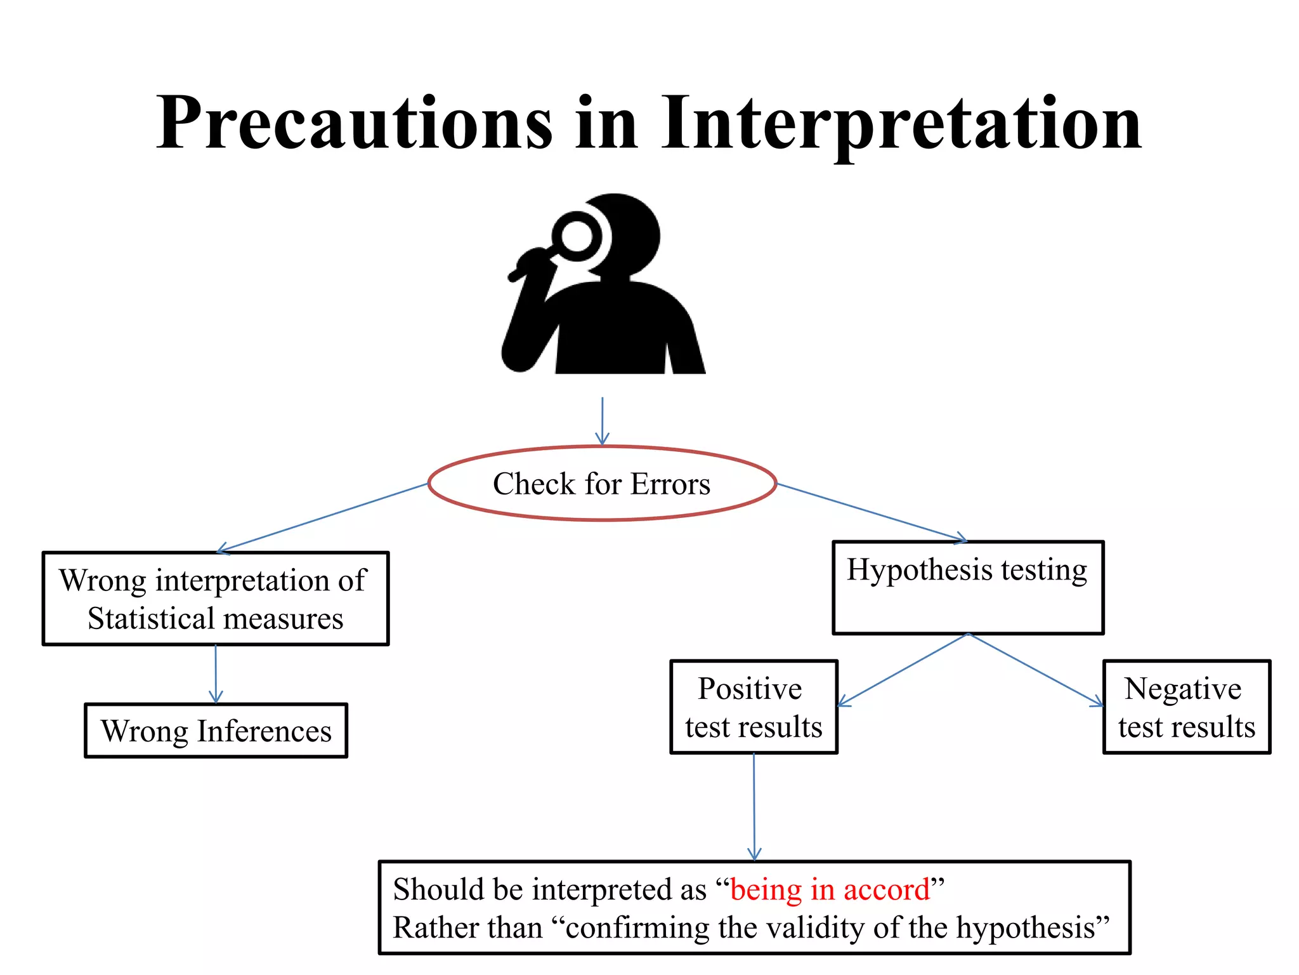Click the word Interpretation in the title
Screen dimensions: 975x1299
tap(901, 124)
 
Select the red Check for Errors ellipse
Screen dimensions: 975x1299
tap(602, 484)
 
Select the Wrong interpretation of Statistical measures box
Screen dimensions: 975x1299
tap(216, 599)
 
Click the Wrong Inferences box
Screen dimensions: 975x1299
tap(216, 731)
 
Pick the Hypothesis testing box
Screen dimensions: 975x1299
tap(968, 587)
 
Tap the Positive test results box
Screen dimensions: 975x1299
tap(754, 707)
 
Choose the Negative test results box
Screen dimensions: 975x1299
tap(1186, 707)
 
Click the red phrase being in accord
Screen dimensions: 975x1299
tap(830, 889)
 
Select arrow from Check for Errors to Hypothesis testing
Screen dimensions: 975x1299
tap(872, 512)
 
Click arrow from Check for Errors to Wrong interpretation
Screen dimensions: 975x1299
tap(323, 517)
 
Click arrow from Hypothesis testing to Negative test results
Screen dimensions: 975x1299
tap(1036, 670)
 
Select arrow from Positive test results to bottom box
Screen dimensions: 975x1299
tap(754, 806)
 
